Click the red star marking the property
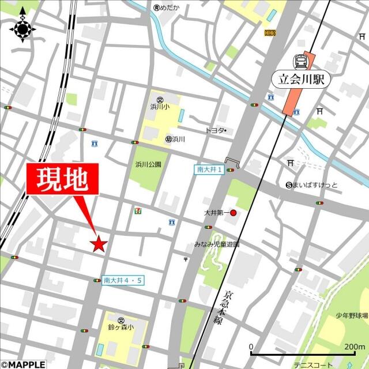pos(98,244)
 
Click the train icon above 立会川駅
pos(300,61)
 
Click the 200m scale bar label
pos(353,347)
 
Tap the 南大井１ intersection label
pos(209,170)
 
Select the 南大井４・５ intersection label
pos(123,280)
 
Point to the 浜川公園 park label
pos(148,164)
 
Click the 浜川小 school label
pos(159,107)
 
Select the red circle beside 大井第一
pos(234,213)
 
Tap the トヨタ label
pos(214,131)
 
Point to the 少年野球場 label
pos(351,315)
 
